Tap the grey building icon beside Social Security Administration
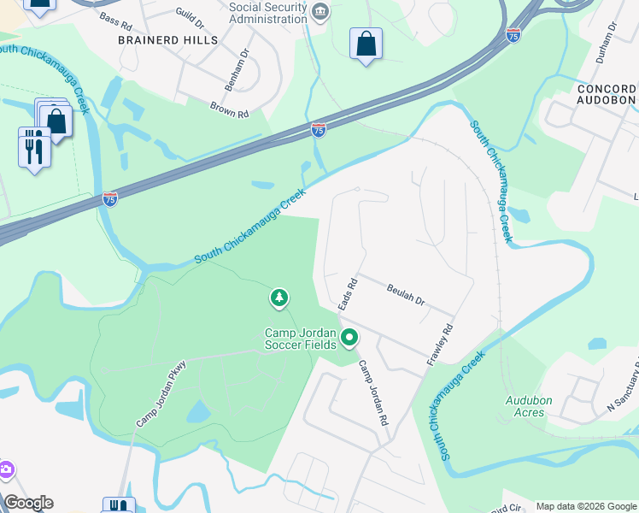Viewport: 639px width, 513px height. tap(320, 11)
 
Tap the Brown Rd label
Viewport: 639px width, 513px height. tap(229, 109)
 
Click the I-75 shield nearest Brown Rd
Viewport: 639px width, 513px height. tap(318, 130)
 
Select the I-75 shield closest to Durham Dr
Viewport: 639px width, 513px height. tap(513, 35)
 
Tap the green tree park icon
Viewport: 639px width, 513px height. tap(278, 298)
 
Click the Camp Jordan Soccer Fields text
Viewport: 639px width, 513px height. tap(300, 339)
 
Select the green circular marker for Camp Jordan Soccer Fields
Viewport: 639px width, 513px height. tap(349, 339)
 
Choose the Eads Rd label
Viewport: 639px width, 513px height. tap(346, 293)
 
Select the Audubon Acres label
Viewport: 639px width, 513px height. tap(529, 406)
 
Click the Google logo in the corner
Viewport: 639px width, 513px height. tap(28, 503)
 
